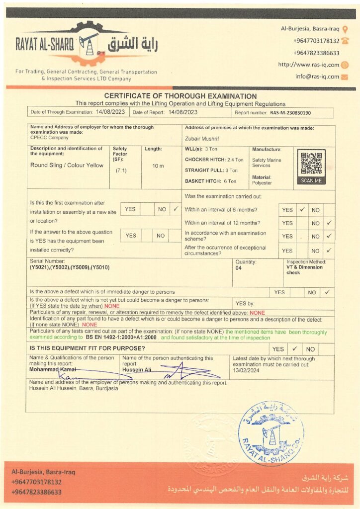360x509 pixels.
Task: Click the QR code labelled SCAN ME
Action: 311,164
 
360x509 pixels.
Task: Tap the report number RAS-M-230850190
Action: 290,113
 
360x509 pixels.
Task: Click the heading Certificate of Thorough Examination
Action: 180,96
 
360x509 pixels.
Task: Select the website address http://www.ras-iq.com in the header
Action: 308,65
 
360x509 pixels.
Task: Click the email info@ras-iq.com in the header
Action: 317,77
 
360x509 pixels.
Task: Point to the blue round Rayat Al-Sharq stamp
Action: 270,426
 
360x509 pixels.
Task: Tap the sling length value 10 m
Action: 158,166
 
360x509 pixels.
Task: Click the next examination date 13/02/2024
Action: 247,370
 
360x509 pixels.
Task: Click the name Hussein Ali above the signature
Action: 137,370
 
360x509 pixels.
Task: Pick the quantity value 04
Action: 239,267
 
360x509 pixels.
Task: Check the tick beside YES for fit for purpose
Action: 294,349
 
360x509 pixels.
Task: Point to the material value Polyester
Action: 262,183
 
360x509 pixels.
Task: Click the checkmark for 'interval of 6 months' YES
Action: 302,210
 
